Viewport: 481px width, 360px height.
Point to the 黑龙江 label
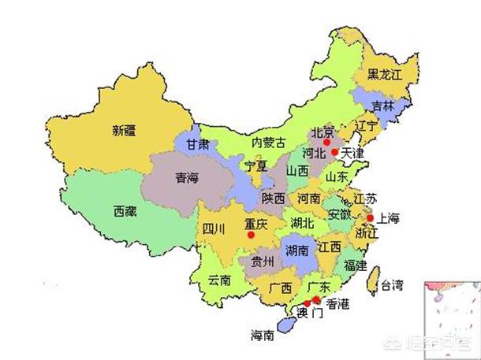(386, 76)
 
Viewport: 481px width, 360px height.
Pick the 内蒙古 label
(268, 143)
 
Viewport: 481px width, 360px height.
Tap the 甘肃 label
(198, 145)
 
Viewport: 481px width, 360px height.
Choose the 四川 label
(214, 229)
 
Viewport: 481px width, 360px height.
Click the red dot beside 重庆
(251, 234)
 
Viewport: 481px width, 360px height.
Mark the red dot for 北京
(326, 142)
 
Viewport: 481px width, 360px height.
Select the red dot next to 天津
(334, 152)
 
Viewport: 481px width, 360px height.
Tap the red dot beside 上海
(369, 217)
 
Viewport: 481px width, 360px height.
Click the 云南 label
(220, 280)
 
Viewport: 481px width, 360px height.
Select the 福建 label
(355, 265)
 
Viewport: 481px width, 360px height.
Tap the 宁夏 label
(256, 167)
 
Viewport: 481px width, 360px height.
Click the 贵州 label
(263, 262)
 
